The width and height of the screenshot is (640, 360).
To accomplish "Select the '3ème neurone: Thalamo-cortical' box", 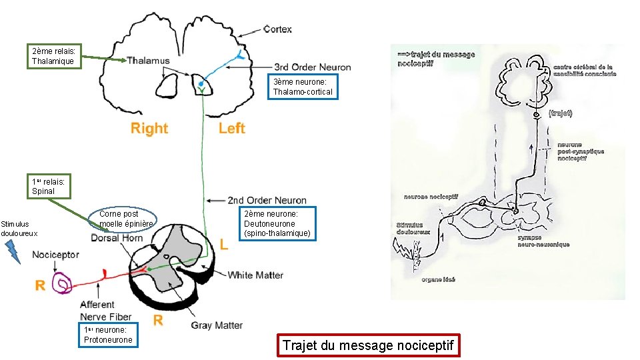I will click(303, 87).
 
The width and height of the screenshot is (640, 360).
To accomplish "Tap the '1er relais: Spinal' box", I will click(49, 186).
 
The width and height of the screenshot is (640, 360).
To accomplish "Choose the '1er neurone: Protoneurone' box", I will click(108, 335).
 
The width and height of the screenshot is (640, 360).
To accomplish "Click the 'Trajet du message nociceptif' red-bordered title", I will click(368, 345).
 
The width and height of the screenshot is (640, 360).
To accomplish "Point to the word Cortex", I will click(277, 29).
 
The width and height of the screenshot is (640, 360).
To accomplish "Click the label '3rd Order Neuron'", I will click(313, 67).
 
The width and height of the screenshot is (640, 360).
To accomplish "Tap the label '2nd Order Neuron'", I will click(267, 200).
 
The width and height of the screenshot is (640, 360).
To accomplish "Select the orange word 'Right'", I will click(149, 128).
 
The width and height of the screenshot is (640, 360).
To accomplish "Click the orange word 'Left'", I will click(232, 128).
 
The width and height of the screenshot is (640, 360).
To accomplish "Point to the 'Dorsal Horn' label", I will click(117, 237).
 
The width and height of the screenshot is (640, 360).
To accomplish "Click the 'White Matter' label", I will click(255, 275).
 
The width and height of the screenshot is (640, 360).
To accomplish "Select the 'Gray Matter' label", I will click(217, 325).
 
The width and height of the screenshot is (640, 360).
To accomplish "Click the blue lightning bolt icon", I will click(13, 250).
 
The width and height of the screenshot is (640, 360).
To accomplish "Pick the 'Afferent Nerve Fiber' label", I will click(105, 311).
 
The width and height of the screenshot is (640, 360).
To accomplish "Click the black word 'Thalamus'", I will click(148, 61).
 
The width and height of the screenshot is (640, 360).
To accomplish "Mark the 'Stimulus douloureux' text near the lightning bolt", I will click(19, 229).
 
